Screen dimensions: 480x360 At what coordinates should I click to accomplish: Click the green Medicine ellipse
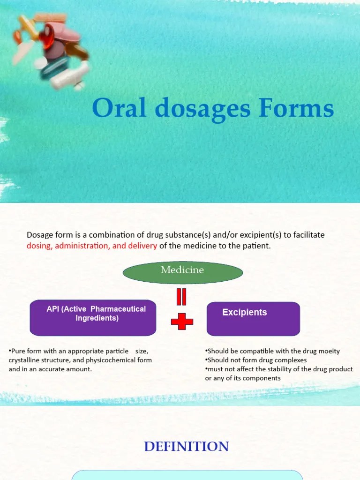pos(182,272)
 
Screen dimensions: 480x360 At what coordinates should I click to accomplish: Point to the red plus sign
pos(182,321)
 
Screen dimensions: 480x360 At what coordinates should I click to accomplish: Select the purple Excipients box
pos(253,319)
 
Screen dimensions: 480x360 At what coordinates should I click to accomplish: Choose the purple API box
pos(93,318)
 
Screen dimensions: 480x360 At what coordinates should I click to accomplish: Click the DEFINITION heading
pos(187,446)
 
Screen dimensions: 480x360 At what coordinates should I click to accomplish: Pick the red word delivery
pos(142,246)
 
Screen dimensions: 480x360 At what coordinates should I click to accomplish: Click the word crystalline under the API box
pos(25,360)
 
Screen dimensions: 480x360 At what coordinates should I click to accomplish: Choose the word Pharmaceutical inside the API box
pos(118,309)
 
